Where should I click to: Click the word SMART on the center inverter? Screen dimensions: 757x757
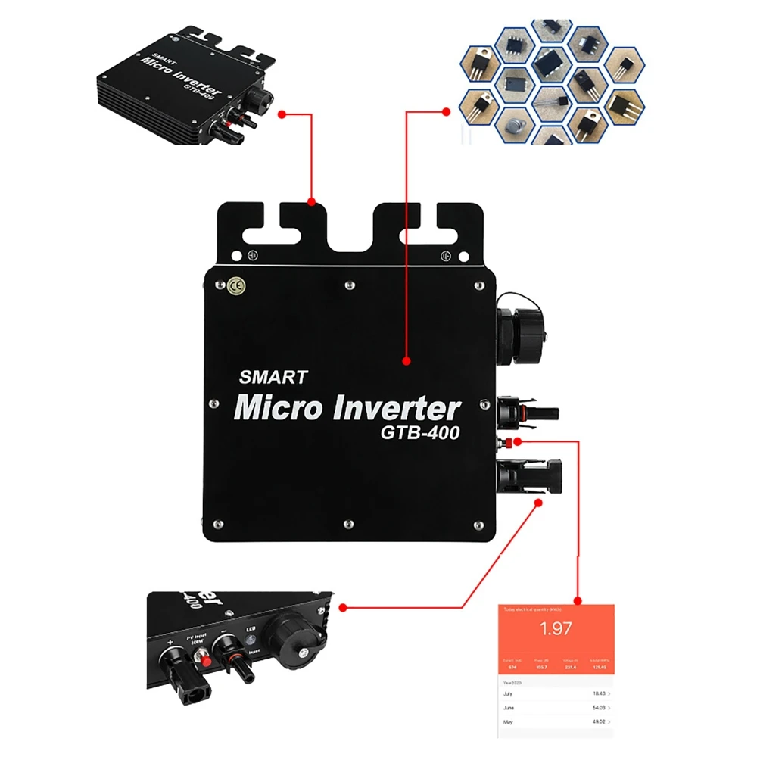[273, 376]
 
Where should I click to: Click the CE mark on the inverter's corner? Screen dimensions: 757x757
[235, 286]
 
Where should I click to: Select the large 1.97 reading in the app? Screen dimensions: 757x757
[555, 628]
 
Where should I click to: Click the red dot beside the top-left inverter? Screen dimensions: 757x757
[282, 114]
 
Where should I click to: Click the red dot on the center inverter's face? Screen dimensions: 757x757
[406, 362]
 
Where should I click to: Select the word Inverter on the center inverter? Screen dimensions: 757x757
[396, 409]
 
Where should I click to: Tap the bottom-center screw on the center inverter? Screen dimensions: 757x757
[347, 522]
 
